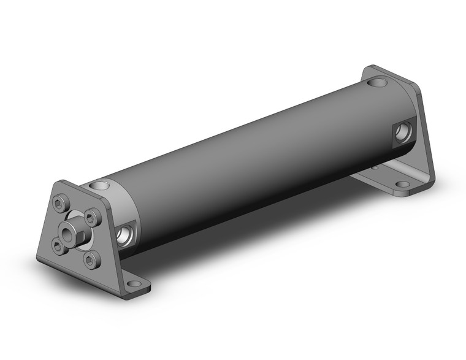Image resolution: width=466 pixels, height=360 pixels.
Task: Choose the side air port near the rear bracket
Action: [402, 131]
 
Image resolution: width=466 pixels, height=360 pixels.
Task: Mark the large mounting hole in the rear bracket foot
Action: [402, 185]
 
